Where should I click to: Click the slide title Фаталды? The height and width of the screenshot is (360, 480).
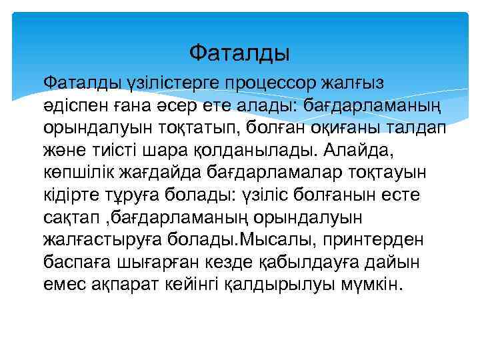(239, 51)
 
